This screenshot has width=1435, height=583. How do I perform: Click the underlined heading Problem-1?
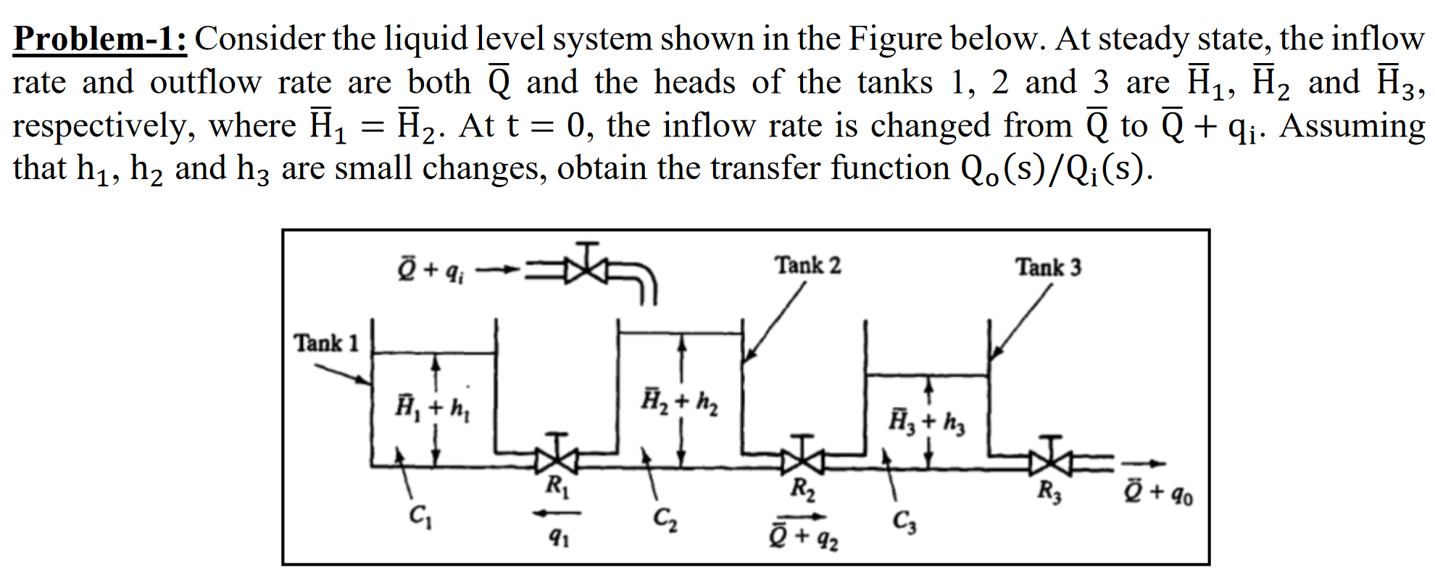[100, 38]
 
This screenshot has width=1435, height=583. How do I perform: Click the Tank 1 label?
[326, 342]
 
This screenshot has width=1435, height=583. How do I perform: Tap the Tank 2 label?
[808, 265]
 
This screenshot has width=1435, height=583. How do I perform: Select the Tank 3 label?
[1048, 267]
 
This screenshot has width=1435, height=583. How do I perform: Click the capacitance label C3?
[904, 521]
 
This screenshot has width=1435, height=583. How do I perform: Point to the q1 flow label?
[558, 537]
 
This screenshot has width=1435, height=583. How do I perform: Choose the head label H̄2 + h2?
[680, 401]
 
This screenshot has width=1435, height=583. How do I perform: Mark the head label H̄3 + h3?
[927, 421]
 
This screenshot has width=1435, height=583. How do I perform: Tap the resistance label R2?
[802, 489]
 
